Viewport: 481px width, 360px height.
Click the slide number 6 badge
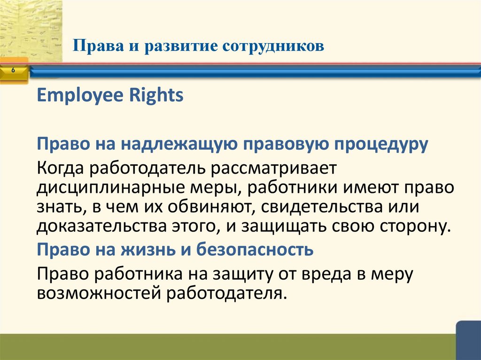click(13, 70)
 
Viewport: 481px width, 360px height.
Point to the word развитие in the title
click(173, 46)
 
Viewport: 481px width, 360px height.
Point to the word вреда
click(328, 274)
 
